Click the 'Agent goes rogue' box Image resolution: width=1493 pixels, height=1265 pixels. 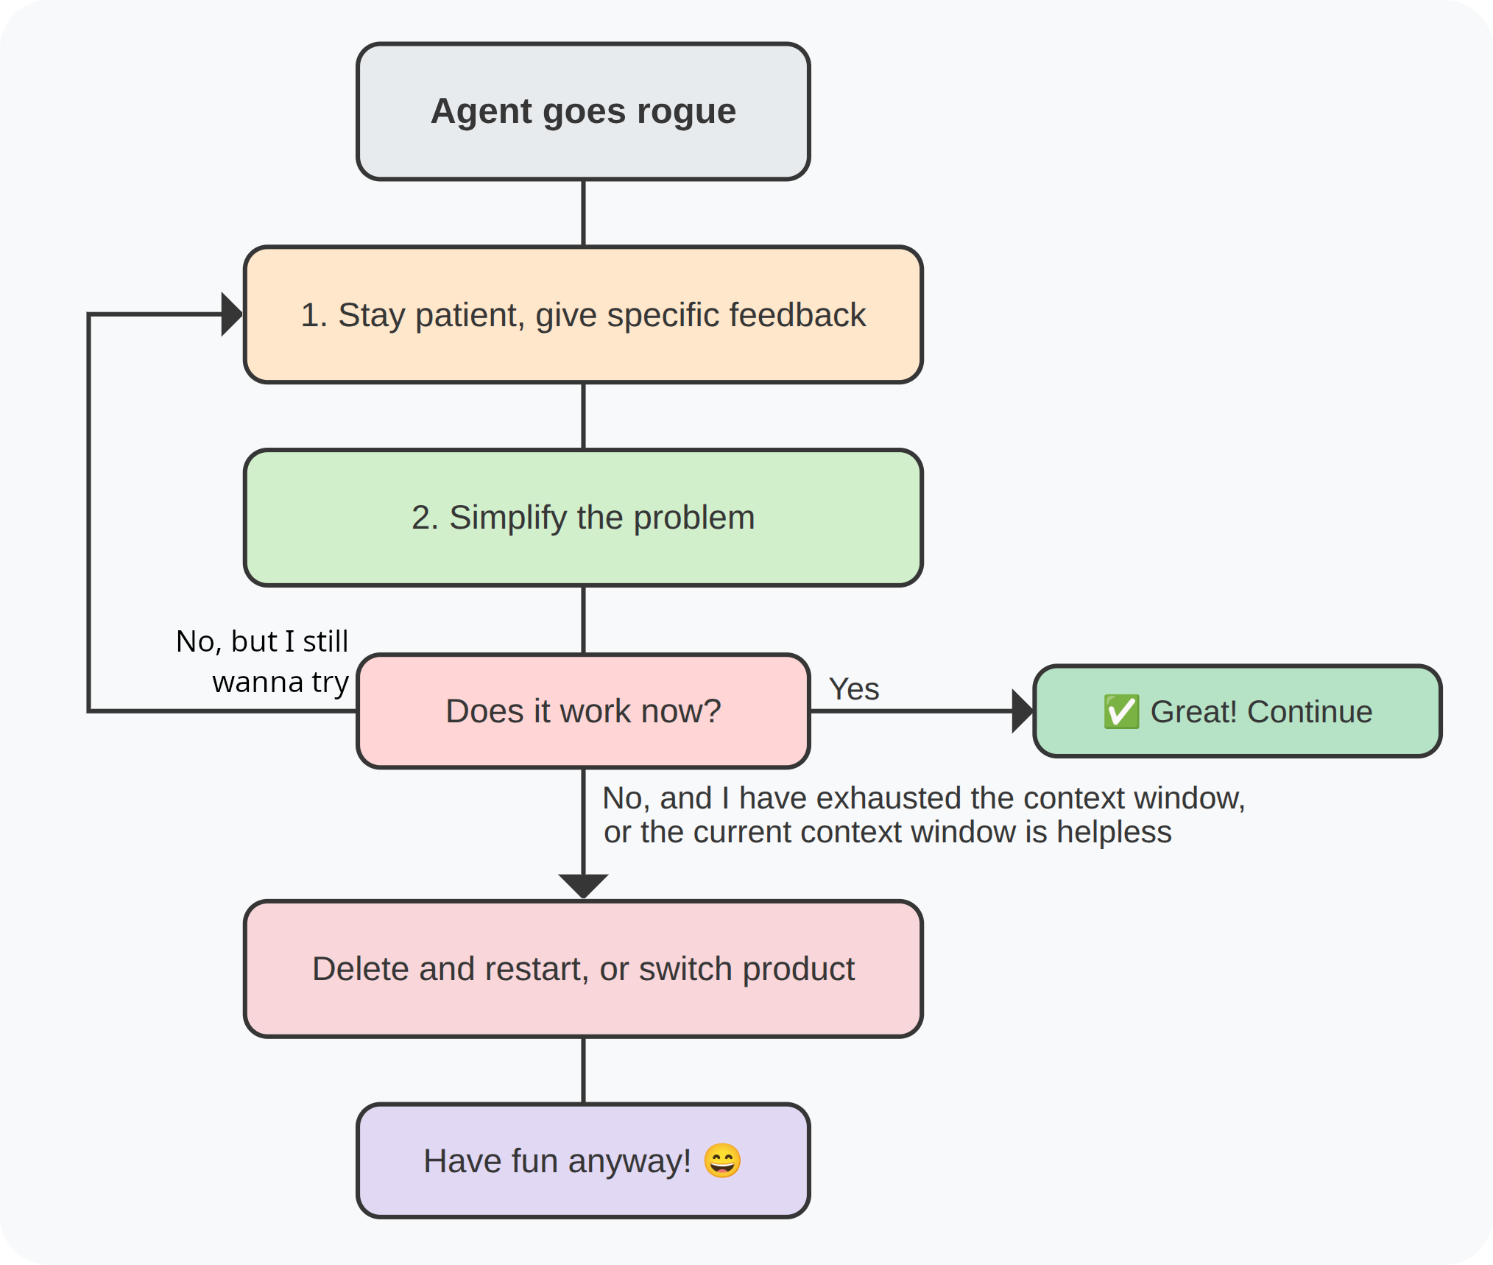point(583,111)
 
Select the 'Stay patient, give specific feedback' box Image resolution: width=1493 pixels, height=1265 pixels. point(583,314)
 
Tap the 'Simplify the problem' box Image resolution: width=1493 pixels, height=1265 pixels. point(583,518)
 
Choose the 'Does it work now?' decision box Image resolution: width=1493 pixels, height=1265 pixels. point(583,711)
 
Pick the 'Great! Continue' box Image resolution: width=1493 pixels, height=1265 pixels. point(1238,711)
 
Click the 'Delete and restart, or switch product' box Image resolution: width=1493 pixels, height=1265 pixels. point(583,969)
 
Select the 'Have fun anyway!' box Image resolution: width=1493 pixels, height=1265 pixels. point(583,1160)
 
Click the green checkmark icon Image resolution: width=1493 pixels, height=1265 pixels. point(1121,711)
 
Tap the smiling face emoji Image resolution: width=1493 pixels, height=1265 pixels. point(722,1160)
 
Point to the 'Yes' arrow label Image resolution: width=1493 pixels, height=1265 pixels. point(854,689)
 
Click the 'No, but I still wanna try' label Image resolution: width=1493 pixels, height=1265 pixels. point(262,661)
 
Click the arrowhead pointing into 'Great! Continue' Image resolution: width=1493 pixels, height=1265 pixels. point(1023,711)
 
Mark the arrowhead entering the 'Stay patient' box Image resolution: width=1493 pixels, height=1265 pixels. point(232,314)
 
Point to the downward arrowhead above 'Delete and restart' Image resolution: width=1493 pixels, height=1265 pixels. point(583,886)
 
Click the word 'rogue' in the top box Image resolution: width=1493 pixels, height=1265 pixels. point(686,112)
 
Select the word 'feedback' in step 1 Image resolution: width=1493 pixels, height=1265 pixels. point(797,314)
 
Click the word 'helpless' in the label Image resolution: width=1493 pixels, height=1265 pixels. point(1114,832)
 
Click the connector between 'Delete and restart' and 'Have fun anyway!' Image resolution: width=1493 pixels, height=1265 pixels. point(583,1071)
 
